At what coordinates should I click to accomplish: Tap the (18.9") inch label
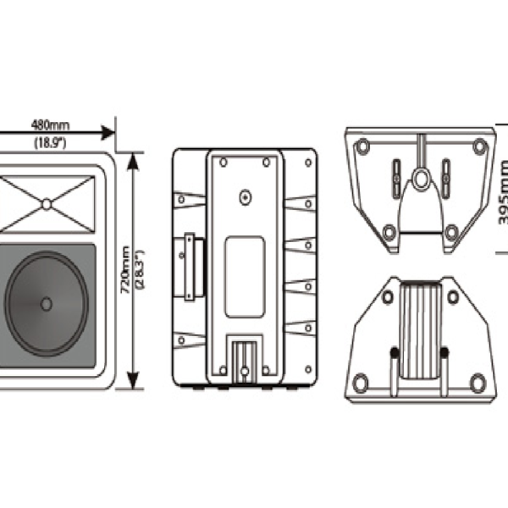click(50, 143)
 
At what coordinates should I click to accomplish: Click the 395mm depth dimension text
click(504, 194)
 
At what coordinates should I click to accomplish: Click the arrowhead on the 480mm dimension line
click(107, 133)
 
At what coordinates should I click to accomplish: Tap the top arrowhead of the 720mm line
click(133, 159)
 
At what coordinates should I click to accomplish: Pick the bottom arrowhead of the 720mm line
click(133, 383)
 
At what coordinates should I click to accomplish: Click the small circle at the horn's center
click(46, 203)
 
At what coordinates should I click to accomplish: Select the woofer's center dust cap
click(46, 303)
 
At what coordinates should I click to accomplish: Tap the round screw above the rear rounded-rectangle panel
click(246, 196)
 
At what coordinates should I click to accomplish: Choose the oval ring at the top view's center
click(420, 179)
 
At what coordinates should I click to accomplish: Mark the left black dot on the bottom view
click(394, 352)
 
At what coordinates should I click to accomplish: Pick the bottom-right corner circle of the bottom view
click(478, 384)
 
